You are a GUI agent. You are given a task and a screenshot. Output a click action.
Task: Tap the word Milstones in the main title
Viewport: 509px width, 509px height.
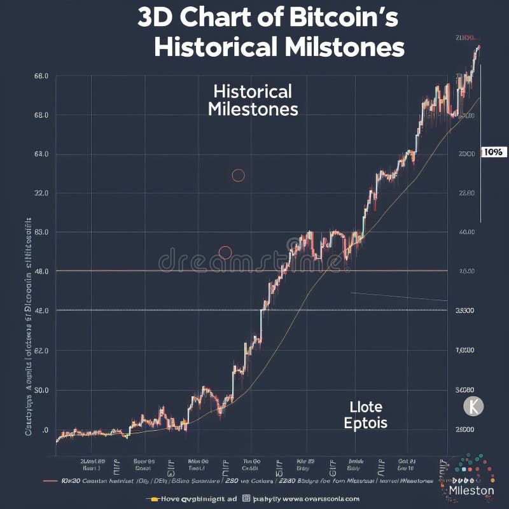342,48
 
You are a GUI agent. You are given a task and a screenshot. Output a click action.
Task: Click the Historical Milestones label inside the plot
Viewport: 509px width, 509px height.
253,100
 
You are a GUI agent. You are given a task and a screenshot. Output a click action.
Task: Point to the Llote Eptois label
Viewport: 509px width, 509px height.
365,414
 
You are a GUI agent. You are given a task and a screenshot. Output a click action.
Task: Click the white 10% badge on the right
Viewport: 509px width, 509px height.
493,152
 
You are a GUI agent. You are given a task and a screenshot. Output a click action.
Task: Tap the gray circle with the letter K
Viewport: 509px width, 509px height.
473,406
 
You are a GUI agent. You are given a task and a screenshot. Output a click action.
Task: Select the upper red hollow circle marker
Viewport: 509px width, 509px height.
238,176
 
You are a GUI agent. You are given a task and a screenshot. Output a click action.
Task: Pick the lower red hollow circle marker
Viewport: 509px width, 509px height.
225,253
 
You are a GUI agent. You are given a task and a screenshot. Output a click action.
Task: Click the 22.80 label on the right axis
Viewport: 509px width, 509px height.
466,193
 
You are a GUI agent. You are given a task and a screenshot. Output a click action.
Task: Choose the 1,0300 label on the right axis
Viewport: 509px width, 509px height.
466,351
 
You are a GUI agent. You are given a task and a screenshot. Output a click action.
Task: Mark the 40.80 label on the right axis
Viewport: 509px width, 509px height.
466,232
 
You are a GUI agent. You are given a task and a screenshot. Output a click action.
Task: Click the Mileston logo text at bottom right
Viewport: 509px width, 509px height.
471,491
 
